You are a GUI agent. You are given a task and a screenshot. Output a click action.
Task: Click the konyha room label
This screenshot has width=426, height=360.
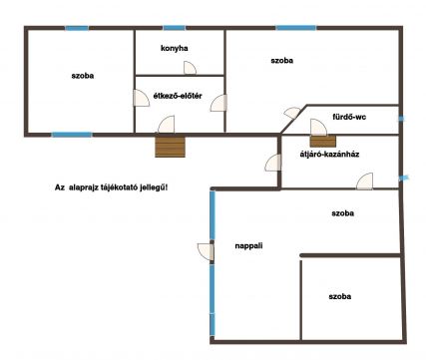(x=175, y=48)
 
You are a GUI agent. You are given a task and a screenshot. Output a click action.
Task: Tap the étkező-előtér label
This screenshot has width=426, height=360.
(x=178, y=96)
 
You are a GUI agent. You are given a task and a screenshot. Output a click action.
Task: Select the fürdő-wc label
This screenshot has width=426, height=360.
(x=349, y=117)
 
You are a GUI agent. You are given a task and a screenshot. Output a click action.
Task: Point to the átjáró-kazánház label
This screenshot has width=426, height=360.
(x=329, y=154)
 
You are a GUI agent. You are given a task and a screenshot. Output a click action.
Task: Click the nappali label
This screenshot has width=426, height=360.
(x=248, y=246)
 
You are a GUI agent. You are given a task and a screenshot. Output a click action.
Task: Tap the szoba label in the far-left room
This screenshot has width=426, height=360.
(x=83, y=76)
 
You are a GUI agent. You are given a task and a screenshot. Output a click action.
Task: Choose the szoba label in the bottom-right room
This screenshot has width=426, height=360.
(x=340, y=296)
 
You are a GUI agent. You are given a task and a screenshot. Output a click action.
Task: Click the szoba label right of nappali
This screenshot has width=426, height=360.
(x=342, y=213)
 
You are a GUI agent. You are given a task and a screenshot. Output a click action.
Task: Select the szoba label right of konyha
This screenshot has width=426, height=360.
(x=282, y=61)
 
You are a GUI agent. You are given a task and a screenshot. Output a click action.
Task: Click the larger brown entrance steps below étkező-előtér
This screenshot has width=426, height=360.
(x=170, y=146)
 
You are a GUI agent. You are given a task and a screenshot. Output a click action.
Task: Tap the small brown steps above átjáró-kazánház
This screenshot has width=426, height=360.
(x=323, y=141)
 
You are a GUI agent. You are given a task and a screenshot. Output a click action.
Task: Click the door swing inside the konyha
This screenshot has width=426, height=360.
(x=190, y=68)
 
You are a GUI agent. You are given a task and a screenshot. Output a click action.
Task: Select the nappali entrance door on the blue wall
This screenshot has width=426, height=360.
(x=206, y=252)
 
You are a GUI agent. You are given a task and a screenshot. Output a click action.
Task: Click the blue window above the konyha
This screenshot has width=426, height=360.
(x=174, y=28)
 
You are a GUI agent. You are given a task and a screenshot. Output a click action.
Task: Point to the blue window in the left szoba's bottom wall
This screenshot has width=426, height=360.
(x=72, y=135)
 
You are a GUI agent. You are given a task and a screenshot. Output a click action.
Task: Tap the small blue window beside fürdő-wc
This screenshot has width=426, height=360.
(x=402, y=119)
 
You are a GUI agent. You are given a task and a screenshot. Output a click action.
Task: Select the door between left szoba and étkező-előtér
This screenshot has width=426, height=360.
(x=141, y=98)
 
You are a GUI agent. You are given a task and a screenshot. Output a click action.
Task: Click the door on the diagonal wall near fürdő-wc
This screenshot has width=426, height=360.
(x=292, y=113)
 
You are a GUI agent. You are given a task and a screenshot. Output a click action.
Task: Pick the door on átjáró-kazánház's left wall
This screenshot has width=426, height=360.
(x=272, y=163)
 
